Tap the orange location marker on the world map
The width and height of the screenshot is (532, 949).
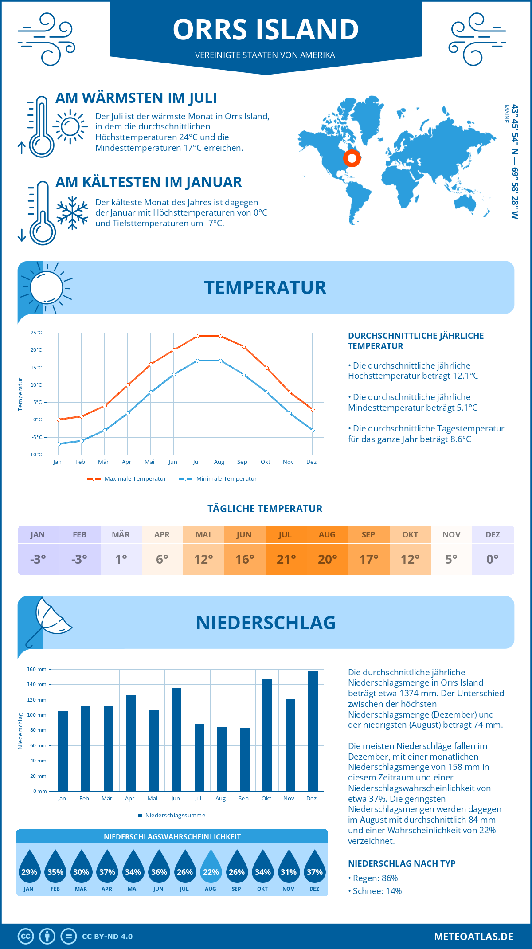pyautogui.click(x=352, y=158)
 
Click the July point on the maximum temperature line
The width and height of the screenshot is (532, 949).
pyautogui.click(x=197, y=336)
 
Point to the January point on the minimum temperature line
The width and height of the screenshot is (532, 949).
pyautogui.click(x=59, y=444)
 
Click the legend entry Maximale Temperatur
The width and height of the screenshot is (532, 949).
pyautogui.click(x=127, y=479)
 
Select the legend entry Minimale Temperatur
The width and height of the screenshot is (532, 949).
pyautogui.click(x=218, y=479)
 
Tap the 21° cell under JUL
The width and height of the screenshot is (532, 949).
pyautogui.click(x=286, y=559)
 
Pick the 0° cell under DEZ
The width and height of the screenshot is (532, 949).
pyautogui.click(x=493, y=559)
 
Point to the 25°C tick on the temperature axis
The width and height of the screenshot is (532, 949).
pyautogui.click(x=36, y=333)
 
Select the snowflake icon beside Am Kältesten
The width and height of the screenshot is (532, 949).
pyautogui.click(x=72, y=213)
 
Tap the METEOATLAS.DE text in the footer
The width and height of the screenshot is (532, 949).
pyautogui.click(x=473, y=937)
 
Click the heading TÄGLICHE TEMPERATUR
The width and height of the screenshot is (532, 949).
pyautogui.click(x=265, y=509)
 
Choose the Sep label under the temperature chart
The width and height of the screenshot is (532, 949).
pyautogui.click(x=242, y=462)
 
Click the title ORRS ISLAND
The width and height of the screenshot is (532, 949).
pyautogui.click(x=266, y=29)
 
